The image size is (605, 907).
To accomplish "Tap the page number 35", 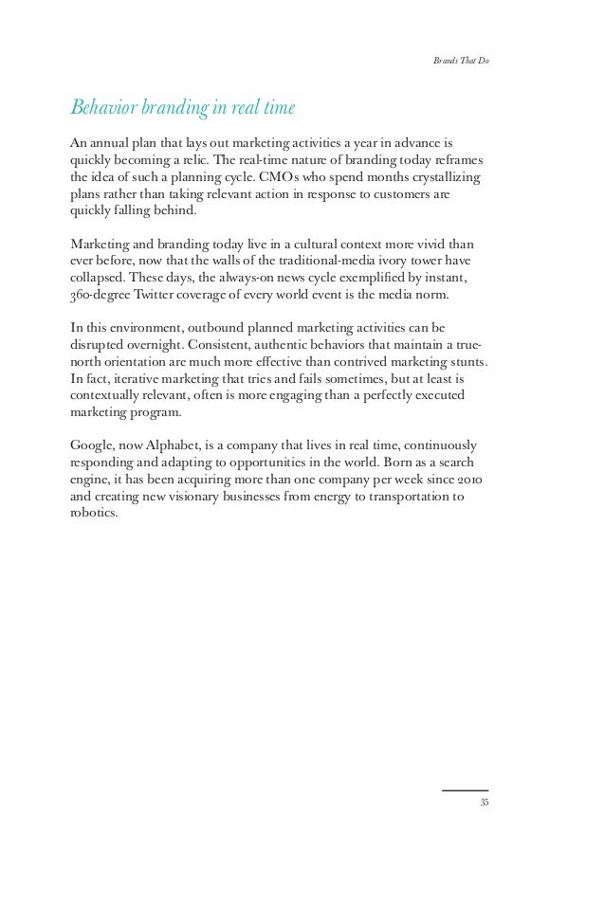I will coord(484,803).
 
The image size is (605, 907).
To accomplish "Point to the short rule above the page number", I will coord(466,789).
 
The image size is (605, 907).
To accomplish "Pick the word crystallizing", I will coord(443,177).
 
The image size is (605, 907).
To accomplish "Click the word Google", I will coord(92,444).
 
